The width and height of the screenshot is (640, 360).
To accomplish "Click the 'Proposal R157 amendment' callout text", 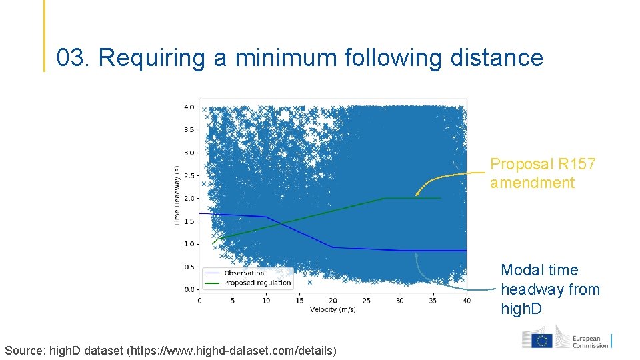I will tap(543, 173).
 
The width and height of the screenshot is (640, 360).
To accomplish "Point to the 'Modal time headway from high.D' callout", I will tap(550, 289).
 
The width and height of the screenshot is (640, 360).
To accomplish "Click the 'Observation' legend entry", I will tap(244, 273).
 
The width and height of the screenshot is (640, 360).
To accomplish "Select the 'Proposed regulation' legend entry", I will tap(257, 283).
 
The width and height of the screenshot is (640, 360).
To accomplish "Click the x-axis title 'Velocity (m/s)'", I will tap(333, 309).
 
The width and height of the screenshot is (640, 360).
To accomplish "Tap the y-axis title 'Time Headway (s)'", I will tap(177, 195).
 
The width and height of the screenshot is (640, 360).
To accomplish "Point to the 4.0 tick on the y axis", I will tap(189, 107).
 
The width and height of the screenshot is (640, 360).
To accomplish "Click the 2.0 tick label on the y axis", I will tap(189, 199).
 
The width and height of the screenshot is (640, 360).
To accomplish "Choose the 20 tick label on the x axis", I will tap(333, 300).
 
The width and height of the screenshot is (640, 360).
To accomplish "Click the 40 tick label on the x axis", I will tap(466, 300).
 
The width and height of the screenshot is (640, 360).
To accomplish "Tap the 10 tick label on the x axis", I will tap(266, 300).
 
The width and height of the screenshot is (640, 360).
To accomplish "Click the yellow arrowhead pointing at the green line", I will tap(417, 194).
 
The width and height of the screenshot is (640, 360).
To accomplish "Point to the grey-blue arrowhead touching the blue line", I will tap(416, 253).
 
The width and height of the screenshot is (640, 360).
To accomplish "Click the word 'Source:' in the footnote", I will tap(26, 350).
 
